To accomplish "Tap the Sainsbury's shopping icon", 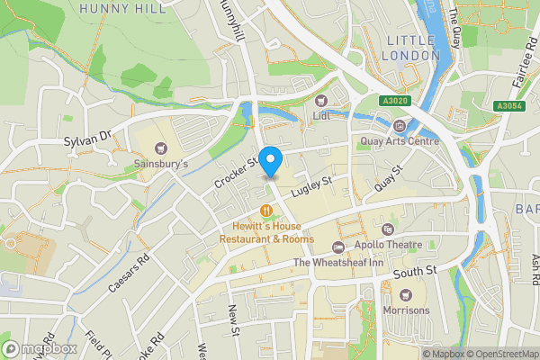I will click(x=161, y=148).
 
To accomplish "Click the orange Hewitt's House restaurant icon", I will click(x=266, y=211).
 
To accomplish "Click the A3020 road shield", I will click(x=394, y=102).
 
